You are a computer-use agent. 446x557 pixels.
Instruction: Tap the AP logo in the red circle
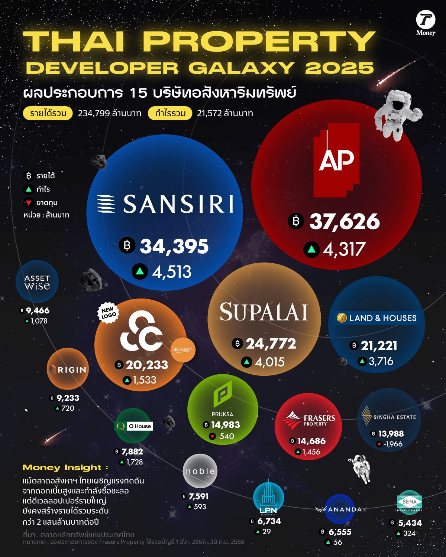[337, 160]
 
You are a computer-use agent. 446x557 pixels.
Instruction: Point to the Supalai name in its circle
[264, 312]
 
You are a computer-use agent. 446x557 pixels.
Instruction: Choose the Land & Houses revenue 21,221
[379, 346]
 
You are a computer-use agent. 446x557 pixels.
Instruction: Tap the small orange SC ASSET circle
[183, 350]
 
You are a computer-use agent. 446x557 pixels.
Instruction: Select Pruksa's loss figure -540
[226, 436]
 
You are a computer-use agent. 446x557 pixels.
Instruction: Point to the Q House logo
[133, 426]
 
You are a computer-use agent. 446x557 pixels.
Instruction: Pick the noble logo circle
[200, 471]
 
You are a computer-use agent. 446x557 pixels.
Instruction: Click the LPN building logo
[268, 498]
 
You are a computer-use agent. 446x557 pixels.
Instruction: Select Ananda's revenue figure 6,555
[340, 532]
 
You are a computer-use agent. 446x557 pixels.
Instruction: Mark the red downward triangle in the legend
[29, 203]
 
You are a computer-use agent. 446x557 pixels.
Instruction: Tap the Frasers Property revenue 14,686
[311, 441]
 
